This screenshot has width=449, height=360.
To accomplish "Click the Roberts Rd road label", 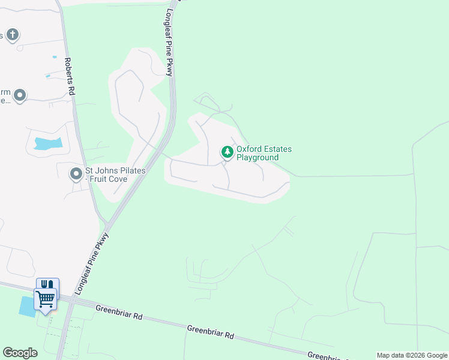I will coord(71,76).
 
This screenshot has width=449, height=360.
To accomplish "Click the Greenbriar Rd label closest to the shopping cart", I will coord(118,311).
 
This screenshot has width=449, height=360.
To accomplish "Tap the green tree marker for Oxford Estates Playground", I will coord(227,152).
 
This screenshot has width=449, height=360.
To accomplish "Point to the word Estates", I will coord(279,149).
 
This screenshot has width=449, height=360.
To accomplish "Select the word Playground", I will coord(257,158).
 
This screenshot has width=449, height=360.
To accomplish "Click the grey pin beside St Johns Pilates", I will coord(76,174).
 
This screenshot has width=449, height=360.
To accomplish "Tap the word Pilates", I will coord(131,171).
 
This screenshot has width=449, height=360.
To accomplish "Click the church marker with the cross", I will coord(13,35).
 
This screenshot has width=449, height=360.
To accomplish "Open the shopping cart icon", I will coord(45,297).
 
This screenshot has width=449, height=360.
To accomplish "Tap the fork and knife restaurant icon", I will coord(47,284).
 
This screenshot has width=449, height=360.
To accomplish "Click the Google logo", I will coord(20,352).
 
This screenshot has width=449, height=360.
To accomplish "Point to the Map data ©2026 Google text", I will coord(412,355).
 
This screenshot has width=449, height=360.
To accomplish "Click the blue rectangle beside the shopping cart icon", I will coord(26,306).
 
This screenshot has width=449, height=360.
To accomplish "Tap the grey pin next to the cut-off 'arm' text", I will coord(20,95).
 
